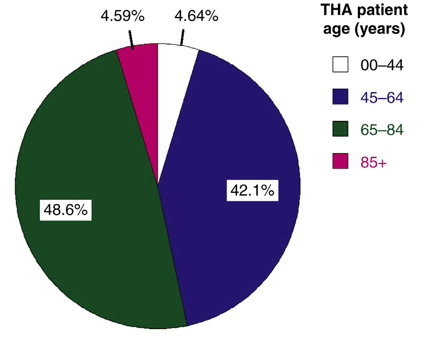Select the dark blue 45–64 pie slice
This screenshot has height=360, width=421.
[234, 140]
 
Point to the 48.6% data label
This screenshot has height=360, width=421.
[66, 210]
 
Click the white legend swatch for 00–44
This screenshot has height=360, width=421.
[340, 65]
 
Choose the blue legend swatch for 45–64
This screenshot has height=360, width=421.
[340, 97]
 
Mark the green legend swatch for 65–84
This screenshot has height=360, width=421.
[340, 129]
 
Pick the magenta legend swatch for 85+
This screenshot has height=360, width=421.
[340, 162]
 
